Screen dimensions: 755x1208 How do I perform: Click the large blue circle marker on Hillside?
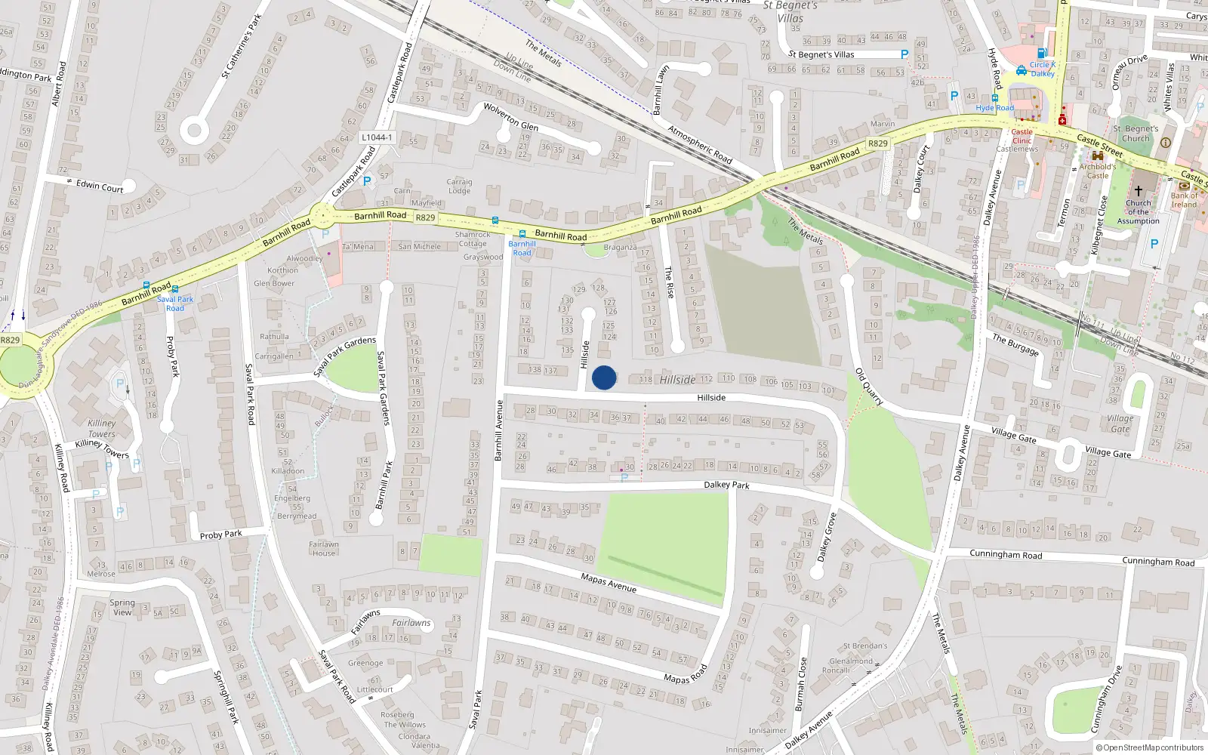(604, 377)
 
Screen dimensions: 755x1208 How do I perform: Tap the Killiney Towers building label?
(101, 428)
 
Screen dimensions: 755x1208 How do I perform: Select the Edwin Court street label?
(99, 186)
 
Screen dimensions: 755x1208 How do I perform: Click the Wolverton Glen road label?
(510, 117)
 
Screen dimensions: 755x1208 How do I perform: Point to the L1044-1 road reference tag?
(377, 137)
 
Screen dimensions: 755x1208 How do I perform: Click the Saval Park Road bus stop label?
(175, 304)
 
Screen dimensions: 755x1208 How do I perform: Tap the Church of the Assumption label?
(1138, 212)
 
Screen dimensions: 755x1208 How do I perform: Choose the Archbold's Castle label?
(1097, 171)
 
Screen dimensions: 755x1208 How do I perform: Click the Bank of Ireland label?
(1184, 200)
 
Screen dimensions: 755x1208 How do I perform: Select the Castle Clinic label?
(1022, 136)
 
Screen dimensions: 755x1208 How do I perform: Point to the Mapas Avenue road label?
(609, 583)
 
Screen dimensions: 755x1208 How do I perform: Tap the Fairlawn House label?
(324, 548)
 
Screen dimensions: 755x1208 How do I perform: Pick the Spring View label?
(122, 607)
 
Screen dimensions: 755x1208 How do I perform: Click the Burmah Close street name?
(800, 684)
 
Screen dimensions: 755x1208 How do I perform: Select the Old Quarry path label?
(869, 387)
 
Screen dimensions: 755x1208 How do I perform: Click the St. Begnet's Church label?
(1136, 134)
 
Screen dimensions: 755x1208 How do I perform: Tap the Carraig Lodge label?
(459, 186)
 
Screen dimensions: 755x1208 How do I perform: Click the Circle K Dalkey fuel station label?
(1042, 69)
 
